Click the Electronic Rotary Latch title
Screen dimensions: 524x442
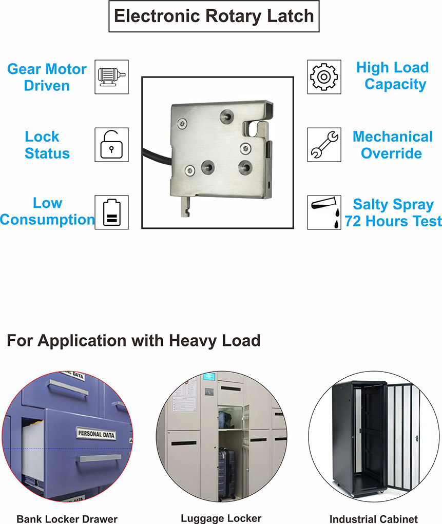(x=214, y=16)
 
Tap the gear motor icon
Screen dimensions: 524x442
(x=111, y=77)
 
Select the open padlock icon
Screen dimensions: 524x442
(x=111, y=145)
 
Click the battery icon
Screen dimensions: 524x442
(x=111, y=212)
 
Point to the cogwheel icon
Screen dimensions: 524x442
(x=324, y=77)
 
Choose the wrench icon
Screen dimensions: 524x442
(x=324, y=145)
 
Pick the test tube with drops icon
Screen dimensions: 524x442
(x=324, y=212)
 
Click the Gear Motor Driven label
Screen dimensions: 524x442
(x=47, y=77)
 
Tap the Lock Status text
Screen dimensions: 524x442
(x=47, y=145)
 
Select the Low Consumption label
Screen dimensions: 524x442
(x=47, y=211)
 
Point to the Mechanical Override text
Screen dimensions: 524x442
(x=392, y=145)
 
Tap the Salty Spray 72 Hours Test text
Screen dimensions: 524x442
(x=393, y=212)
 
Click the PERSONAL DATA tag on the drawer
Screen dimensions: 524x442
(x=97, y=434)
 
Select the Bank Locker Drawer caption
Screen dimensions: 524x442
(x=67, y=519)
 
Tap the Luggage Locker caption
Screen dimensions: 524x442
(x=221, y=518)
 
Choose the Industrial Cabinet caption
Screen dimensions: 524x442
(x=373, y=519)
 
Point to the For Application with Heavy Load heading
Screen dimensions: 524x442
(x=133, y=340)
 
